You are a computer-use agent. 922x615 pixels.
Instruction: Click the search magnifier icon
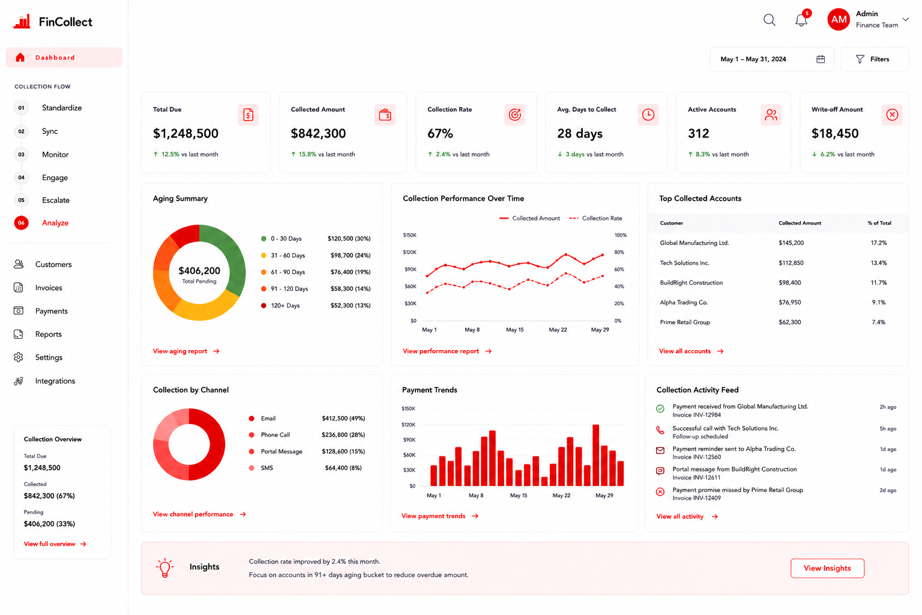[x=770, y=20]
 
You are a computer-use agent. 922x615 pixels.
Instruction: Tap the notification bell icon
[x=801, y=20]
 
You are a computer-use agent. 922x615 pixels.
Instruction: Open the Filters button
[x=874, y=59]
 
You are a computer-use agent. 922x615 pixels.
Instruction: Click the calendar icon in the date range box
[x=821, y=59]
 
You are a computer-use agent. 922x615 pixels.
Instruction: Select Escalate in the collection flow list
[x=56, y=200]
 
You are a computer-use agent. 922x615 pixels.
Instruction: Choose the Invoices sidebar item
[x=49, y=288]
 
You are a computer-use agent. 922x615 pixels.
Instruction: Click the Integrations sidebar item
[x=55, y=381]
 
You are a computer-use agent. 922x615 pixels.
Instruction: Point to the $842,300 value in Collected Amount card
[x=318, y=133]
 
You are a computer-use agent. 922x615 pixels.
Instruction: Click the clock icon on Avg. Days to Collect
[x=648, y=115]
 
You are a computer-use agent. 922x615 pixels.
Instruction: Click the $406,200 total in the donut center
[x=199, y=271]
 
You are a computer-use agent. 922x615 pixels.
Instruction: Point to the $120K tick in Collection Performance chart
[x=409, y=252]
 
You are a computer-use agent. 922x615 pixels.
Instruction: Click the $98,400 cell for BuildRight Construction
[x=789, y=283]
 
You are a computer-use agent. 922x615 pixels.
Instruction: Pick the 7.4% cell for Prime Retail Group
[x=878, y=322]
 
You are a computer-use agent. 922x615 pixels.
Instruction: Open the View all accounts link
[x=691, y=351]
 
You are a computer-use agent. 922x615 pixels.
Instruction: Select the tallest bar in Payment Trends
[x=595, y=455]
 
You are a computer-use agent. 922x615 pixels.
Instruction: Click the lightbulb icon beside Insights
[x=164, y=568]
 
